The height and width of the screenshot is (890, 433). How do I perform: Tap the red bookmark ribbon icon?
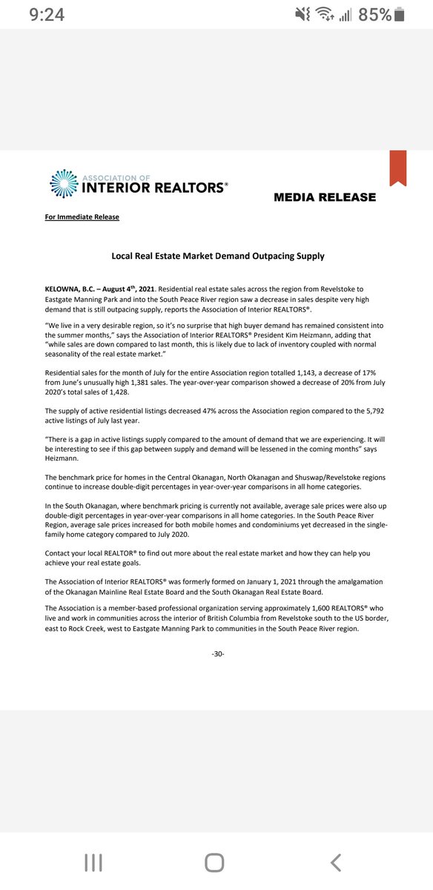(x=398, y=168)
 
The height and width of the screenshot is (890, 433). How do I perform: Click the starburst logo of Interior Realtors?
(x=63, y=184)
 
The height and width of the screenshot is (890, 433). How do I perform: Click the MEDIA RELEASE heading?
(x=325, y=197)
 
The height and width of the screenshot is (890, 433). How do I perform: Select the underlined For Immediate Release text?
(x=82, y=217)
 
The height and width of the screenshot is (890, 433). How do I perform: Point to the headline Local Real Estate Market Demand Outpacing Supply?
(x=217, y=256)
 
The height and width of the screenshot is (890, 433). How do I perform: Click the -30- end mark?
(x=217, y=653)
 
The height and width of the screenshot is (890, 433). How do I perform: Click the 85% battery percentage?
(x=375, y=14)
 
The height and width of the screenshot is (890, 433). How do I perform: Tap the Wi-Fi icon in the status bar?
(x=323, y=14)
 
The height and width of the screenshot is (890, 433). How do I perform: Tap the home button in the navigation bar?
(x=214, y=861)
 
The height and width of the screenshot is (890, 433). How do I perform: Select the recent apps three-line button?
(x=93, y=861)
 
